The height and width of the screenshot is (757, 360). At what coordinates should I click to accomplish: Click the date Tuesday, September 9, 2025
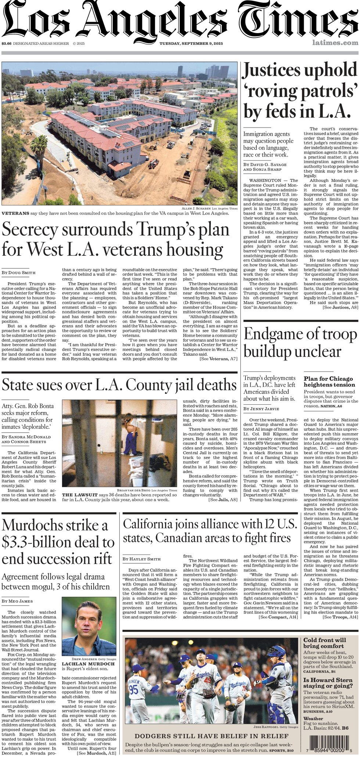[191, 44]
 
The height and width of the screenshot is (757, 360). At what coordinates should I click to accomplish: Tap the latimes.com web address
[335, 43]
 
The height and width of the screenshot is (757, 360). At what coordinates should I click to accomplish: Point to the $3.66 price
[6, 44]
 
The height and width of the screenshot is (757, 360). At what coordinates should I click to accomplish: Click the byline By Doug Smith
[19, 272]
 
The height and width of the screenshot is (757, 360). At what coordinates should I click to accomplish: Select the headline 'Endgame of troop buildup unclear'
[300, 342]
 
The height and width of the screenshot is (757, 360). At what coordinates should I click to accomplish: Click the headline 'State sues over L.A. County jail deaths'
[119, 385]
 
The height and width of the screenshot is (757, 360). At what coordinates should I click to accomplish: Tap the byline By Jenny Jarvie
[262, 409]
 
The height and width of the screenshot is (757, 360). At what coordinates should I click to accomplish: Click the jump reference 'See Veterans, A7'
[218, 359]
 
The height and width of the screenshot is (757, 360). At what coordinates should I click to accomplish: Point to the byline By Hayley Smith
[142, 559]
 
